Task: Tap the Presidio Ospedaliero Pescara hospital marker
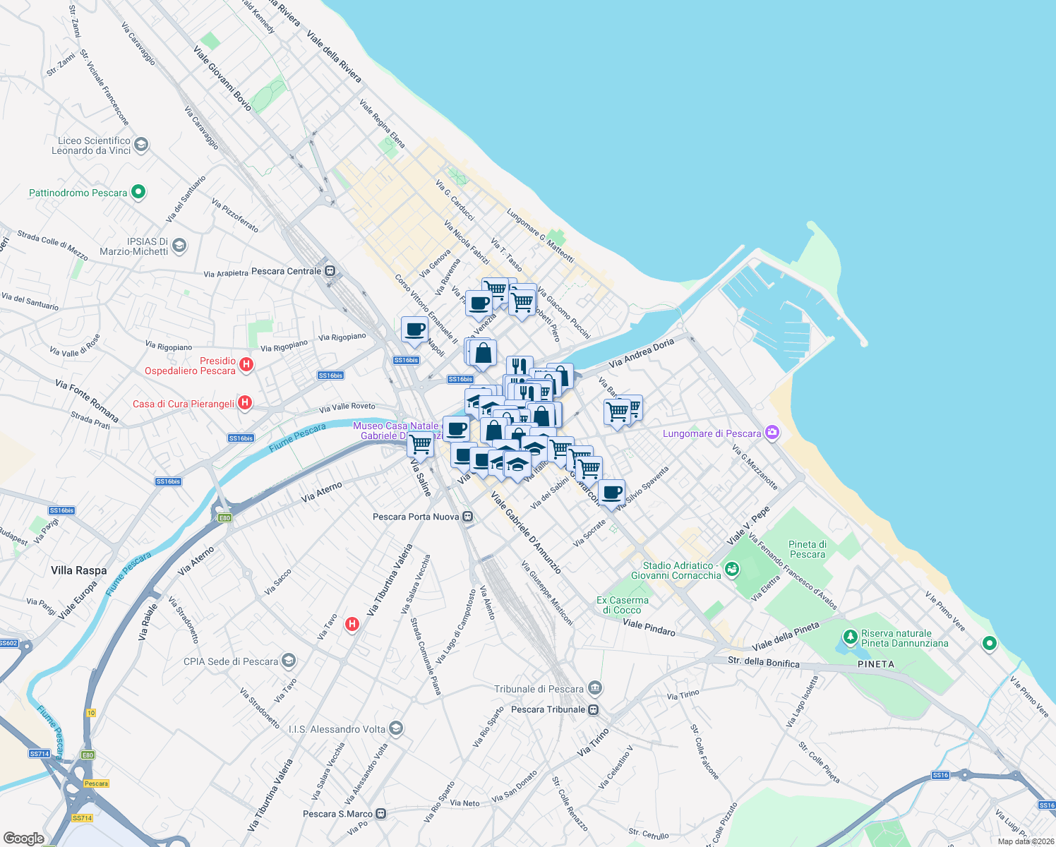point(246,364)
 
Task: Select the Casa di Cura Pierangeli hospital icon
point(244,403)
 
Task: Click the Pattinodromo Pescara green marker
point(138,191)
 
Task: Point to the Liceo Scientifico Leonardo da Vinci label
point(91,145)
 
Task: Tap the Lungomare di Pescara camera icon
point(772,432)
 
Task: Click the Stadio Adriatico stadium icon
point(732,568)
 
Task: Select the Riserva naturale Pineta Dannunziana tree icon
point(851,637)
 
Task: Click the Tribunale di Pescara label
point(539,689)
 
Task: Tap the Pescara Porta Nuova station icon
point(467,517)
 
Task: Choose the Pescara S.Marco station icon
point(381,813)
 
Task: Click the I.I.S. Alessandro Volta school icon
point(396,728)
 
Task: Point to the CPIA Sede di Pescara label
point(231,661)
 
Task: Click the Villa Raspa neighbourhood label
point(79,570)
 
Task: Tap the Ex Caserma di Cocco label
point(623,605)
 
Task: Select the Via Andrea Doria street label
point(641,353)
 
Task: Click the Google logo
point(24,839)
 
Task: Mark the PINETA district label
point(876,664)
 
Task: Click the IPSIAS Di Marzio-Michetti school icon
point(179,246)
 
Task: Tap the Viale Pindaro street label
point(649,627)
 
